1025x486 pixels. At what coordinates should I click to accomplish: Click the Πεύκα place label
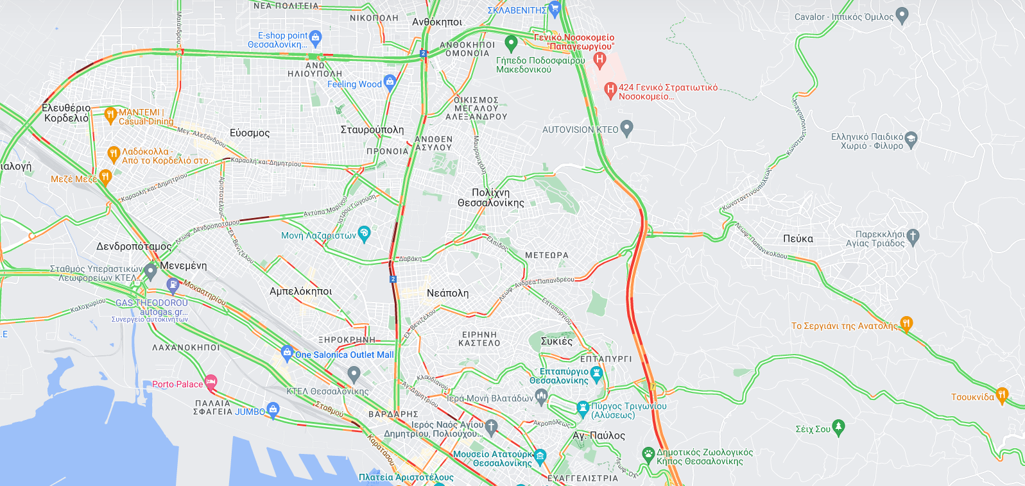(798, 239)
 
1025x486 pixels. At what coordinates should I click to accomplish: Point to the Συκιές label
(556, 341)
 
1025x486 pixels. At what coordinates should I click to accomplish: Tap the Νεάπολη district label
(447, 293)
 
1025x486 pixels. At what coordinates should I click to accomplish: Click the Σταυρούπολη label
(372, 130)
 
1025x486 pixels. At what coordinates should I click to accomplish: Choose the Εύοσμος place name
(250, 133)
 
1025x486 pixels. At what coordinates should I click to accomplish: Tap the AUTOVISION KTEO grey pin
(627, 128)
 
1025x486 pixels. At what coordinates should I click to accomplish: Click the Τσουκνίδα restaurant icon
(1002, 395)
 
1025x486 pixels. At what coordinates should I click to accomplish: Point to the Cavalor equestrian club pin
(902, 15)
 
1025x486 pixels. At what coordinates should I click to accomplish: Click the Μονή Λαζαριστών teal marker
(364, 233)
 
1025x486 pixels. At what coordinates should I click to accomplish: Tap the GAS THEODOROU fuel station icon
(172, 284)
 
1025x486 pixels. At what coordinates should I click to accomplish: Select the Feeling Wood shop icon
(390, 82)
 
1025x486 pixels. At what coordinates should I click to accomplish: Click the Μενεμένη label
(184, 265)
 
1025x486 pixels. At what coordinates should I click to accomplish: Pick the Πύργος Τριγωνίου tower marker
(583, 407)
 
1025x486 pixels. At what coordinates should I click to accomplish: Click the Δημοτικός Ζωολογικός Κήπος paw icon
(648, 454)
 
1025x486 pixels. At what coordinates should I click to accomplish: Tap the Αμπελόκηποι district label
(300, 291)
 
